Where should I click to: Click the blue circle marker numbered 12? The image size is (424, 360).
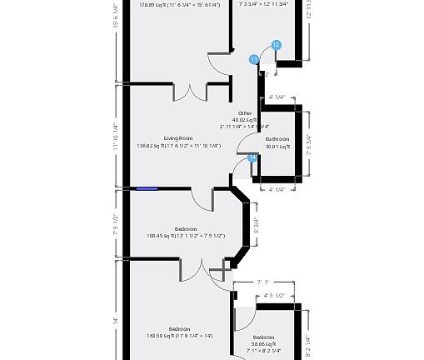[277, 45]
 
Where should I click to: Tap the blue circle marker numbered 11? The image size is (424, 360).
[254, 59]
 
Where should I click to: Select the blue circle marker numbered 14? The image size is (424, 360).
[252, 157]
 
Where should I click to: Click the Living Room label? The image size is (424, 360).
[177, 137]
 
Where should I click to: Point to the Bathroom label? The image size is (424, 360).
[277, 138]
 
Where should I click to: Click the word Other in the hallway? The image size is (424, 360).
[245, 112]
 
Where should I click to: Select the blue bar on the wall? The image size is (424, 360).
[147, 188]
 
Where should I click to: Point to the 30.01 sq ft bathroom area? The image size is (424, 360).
[277, 147]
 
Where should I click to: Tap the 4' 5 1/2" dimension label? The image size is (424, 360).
[275, 295]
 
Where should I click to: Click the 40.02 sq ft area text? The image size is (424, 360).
[245, 120]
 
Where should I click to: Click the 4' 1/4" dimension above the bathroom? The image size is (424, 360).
[277, 97]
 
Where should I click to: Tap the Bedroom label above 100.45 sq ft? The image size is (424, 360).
[186, 228]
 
